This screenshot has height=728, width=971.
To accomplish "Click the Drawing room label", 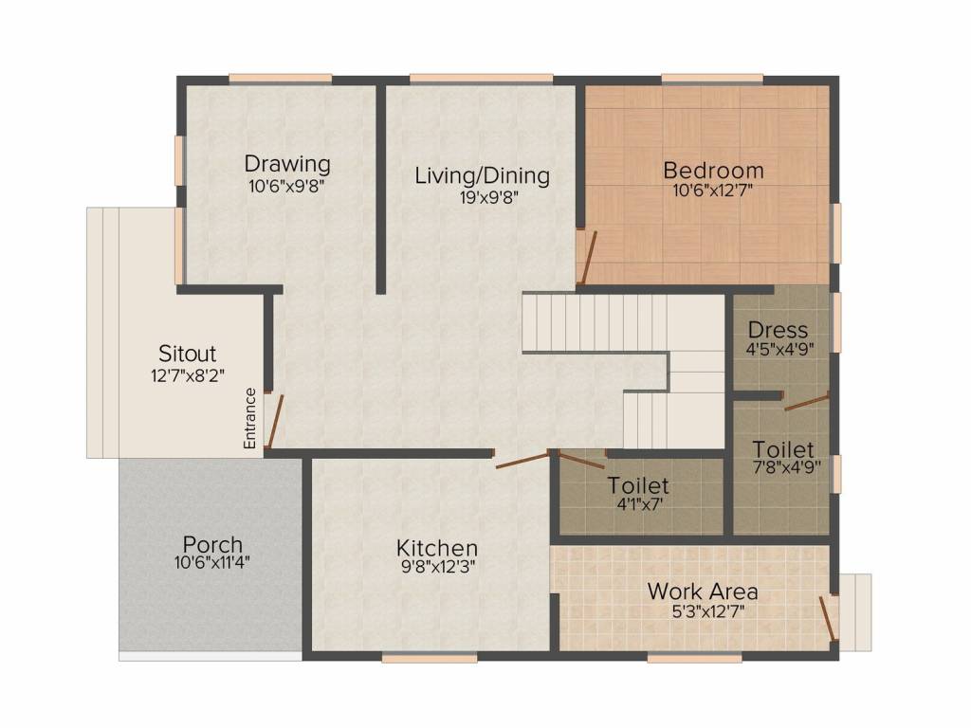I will pos(287,163).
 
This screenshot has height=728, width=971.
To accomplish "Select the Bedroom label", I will pos(713,171).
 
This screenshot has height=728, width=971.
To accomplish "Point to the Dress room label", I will pos(779,330).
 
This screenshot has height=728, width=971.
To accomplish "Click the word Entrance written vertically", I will pos(251,418).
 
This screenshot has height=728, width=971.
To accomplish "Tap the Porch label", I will pos(212,545).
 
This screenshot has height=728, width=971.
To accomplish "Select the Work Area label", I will pos(702,591).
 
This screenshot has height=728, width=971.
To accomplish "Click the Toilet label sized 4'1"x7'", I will pos(638,485).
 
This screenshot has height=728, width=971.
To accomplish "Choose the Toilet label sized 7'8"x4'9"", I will pos(783,448).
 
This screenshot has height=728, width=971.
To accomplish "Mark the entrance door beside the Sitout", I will pos(274,422).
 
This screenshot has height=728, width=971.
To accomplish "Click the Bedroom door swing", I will pos(589,257).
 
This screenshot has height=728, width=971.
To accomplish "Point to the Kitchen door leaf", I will pos(522,461).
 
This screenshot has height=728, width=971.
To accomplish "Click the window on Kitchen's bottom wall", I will pos(416,656).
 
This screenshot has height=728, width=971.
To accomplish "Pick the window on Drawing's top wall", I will pos(280,78).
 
